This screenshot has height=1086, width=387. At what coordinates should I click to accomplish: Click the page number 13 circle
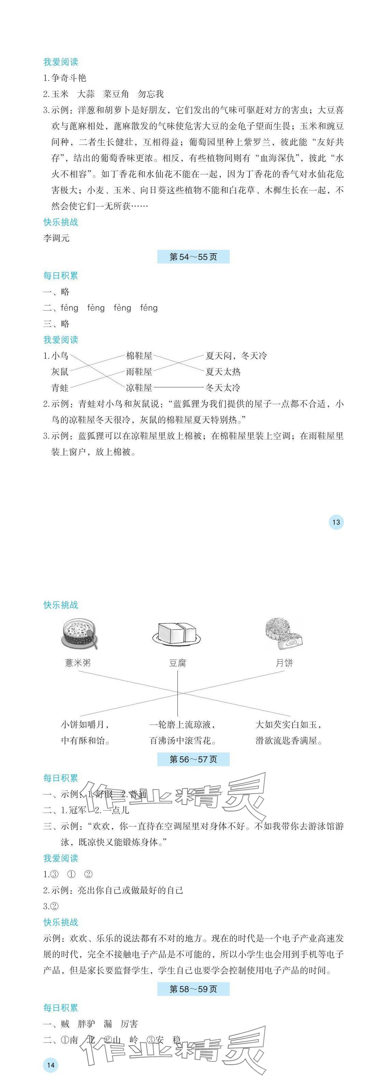pyautogui.click(x=336, y=522)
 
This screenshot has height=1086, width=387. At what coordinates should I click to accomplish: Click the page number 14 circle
pyautogui.click(x=51, y=1065)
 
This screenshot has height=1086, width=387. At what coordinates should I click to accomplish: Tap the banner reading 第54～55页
pyautogui.click(x=193, y=257)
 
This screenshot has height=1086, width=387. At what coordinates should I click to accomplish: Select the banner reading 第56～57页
pyautogui.click(x=193, y=759)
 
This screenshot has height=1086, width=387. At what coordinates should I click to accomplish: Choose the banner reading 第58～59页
pyautogui.click(x=193, y=989)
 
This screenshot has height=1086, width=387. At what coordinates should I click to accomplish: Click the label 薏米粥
pyautogui.click(x=78, y=663)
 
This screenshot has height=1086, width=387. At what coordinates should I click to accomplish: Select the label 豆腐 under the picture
pyautogui.click(x=177, y=663)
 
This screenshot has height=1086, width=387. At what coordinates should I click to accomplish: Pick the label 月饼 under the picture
pyautogui.click(x=284, y=663)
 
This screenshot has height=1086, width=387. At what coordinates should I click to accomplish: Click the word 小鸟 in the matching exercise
pyautogui.click(x=60, y=356)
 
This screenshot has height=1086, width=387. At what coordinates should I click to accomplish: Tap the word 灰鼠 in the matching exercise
pyautogui.click(x=60, y=372)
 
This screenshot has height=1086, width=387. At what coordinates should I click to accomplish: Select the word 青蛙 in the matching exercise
pyautogui.click(x=60, y=388)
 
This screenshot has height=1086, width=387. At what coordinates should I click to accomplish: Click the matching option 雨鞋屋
pyautogui.click(x=139, y=372)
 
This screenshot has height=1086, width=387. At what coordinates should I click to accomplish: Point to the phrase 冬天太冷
pyautogui.click(x=223, y=388)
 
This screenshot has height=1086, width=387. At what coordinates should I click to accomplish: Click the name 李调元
pyautogui.click(x=56, y=238)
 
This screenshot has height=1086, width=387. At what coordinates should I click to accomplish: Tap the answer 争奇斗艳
pyautogui.click(x=69, y=78)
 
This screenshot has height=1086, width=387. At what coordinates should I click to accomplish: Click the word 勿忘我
pyautogui.click(x=150, y=94)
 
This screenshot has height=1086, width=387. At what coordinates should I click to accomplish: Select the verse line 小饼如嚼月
pyautogui.click(x=85, y=725)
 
